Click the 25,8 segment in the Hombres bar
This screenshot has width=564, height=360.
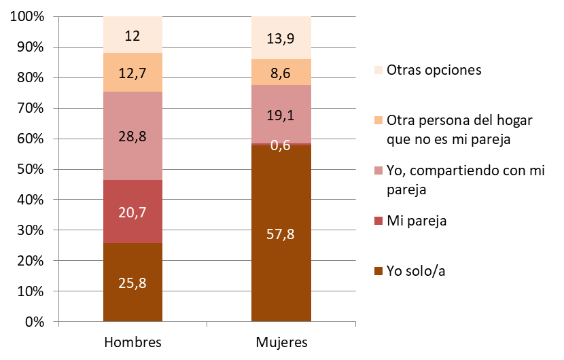click(x=133, y=282)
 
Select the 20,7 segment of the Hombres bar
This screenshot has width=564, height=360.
click(x=133, y=211)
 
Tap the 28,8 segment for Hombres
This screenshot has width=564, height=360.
click(x=133, y=136)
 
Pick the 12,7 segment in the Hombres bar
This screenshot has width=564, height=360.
click(x=133, y=73)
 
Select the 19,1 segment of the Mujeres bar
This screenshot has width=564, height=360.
click(x=281, y=115)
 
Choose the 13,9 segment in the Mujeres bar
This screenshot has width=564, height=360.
click(x=281, y=38)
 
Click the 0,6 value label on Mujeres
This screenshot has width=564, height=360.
click(x=281, y=144)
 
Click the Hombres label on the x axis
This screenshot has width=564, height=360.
click(x=133, y=341)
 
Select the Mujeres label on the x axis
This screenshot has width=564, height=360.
click(x=281, y=341)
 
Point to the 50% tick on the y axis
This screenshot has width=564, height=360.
click(x=29, y=170)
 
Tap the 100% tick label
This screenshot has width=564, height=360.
click(x=27, y=17)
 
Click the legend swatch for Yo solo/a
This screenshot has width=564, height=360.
click(x=378, y=272)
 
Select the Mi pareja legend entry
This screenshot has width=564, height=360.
click(x=415, y=221)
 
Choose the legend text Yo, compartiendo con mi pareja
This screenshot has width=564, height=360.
click(x=465, y=179)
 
